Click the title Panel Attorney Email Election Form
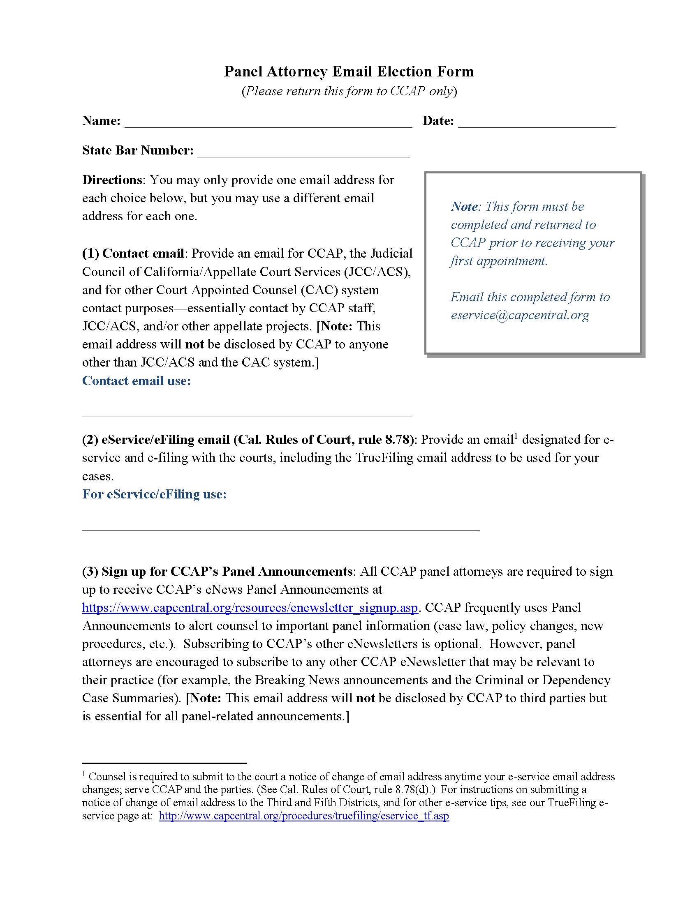point(349,71)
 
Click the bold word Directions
point(112,180)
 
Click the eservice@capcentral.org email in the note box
point(520,315)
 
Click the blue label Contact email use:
point(136,381)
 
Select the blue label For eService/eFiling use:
point(154,494)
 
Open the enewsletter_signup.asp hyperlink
point(250,608)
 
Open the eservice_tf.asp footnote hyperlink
point(303,815)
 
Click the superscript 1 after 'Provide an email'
point(516,436)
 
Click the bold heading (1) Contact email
point(133,253)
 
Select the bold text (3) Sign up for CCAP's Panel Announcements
point(217,571)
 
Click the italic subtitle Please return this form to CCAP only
point(349,91)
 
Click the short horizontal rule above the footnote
point(164,762)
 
